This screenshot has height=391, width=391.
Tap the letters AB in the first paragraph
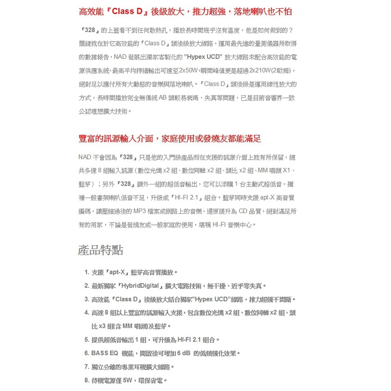[163, 98]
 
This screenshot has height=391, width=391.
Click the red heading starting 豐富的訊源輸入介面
[169, 139]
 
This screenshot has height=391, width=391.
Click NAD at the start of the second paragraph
[84, 157]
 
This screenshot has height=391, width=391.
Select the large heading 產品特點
[101, 249]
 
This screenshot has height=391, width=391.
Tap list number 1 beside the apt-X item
[87, 272]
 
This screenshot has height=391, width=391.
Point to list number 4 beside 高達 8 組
[87, 313]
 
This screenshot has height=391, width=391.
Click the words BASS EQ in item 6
[105, 353]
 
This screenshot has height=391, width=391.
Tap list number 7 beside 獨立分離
[87, 367]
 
